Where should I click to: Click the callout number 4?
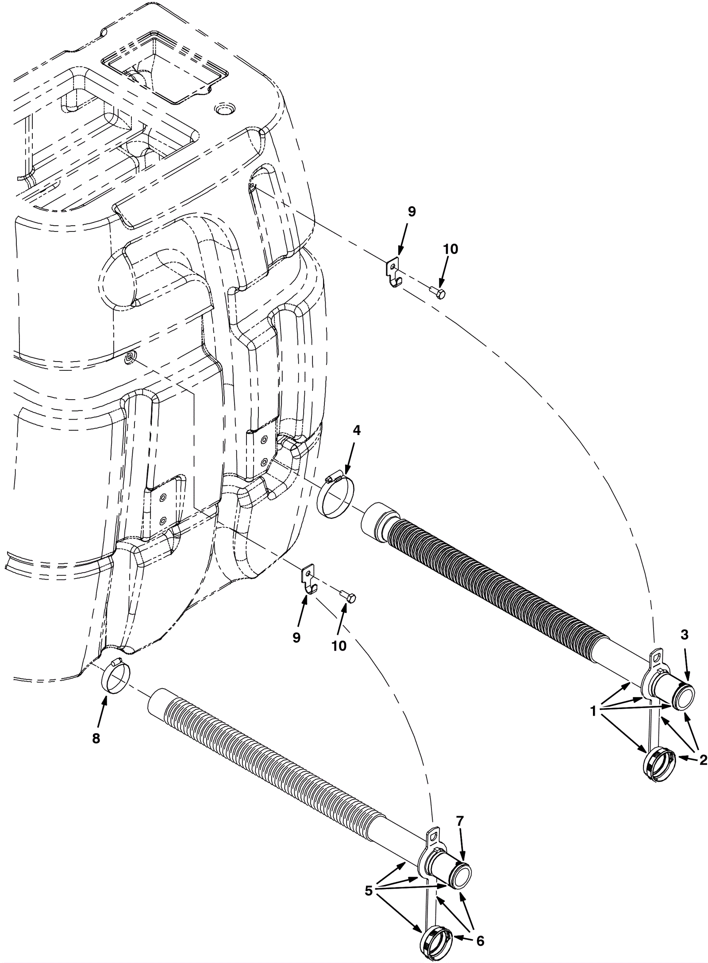(356, 430)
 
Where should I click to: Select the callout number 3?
(684, 635)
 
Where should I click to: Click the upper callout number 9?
(412, 212)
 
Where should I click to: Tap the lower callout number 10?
(339, 646)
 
